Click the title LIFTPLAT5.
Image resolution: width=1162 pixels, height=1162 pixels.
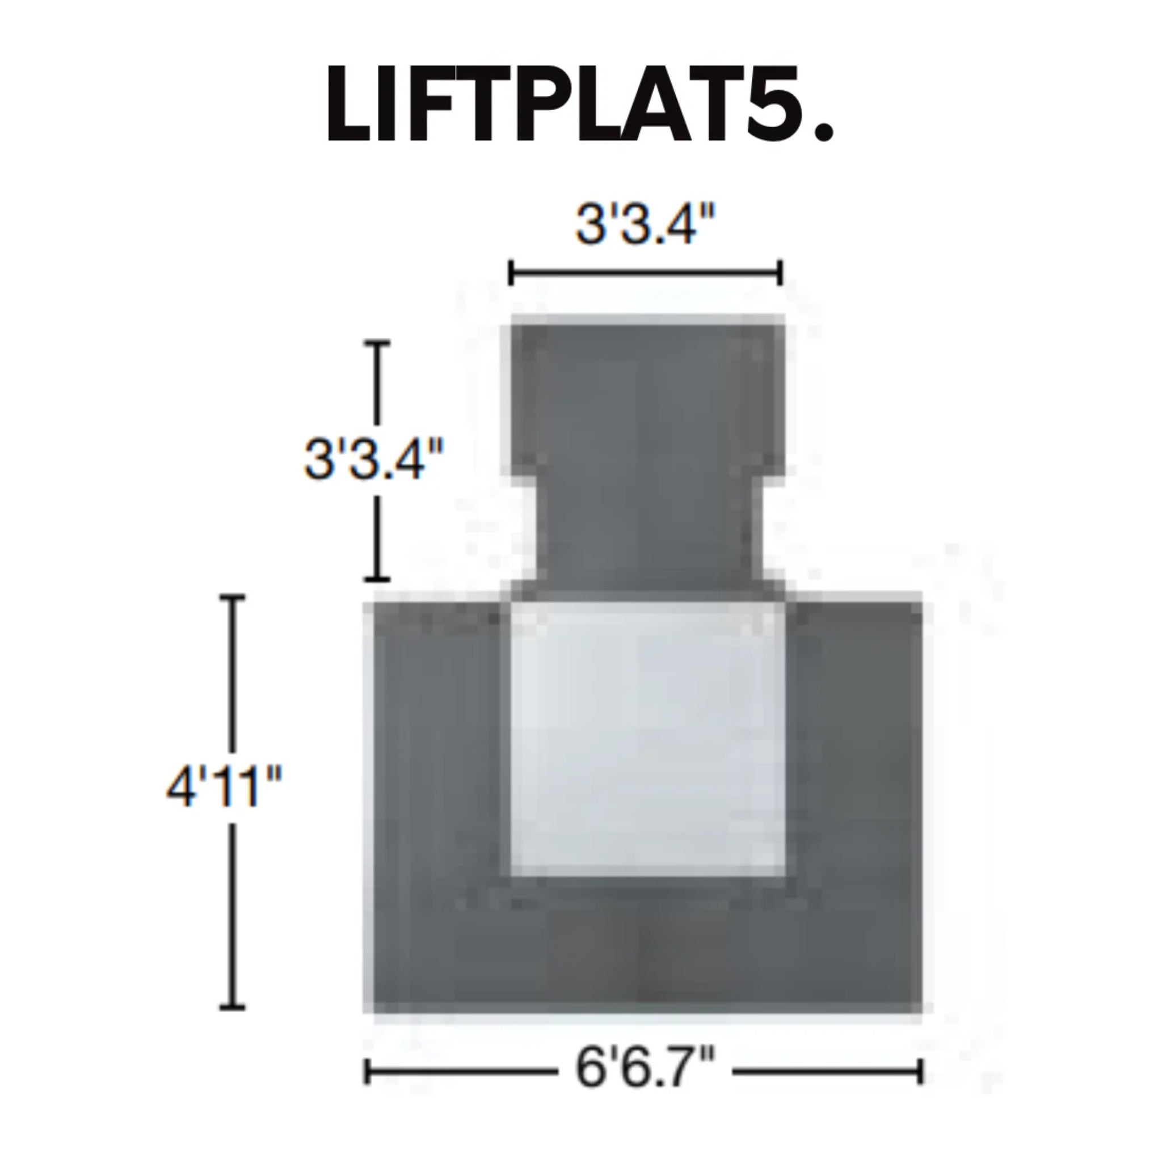[x=580, y=103]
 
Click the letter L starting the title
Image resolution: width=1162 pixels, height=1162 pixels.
[x=348, y=103]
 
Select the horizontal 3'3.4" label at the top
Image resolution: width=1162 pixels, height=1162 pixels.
[x=645, y=224]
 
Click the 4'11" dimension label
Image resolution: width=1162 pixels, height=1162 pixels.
[x=224, y=787]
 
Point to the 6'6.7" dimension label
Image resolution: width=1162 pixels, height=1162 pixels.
[x=645, y=1068]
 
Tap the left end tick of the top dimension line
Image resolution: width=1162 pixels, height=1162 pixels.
[x=511, y=273]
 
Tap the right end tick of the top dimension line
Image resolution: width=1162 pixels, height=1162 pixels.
[x=780, y=273]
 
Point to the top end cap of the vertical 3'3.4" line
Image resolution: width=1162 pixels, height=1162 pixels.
[x=378, y=343]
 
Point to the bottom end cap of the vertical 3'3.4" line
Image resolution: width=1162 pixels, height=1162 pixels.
[x=378, y=579]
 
